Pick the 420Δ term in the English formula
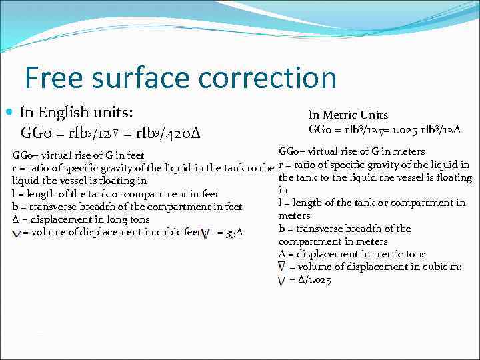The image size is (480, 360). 181,134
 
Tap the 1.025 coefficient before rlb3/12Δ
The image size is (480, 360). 405,129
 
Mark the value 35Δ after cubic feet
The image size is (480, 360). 235,233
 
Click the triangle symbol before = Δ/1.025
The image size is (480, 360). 281,281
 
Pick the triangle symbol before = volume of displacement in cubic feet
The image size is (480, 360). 17,233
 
